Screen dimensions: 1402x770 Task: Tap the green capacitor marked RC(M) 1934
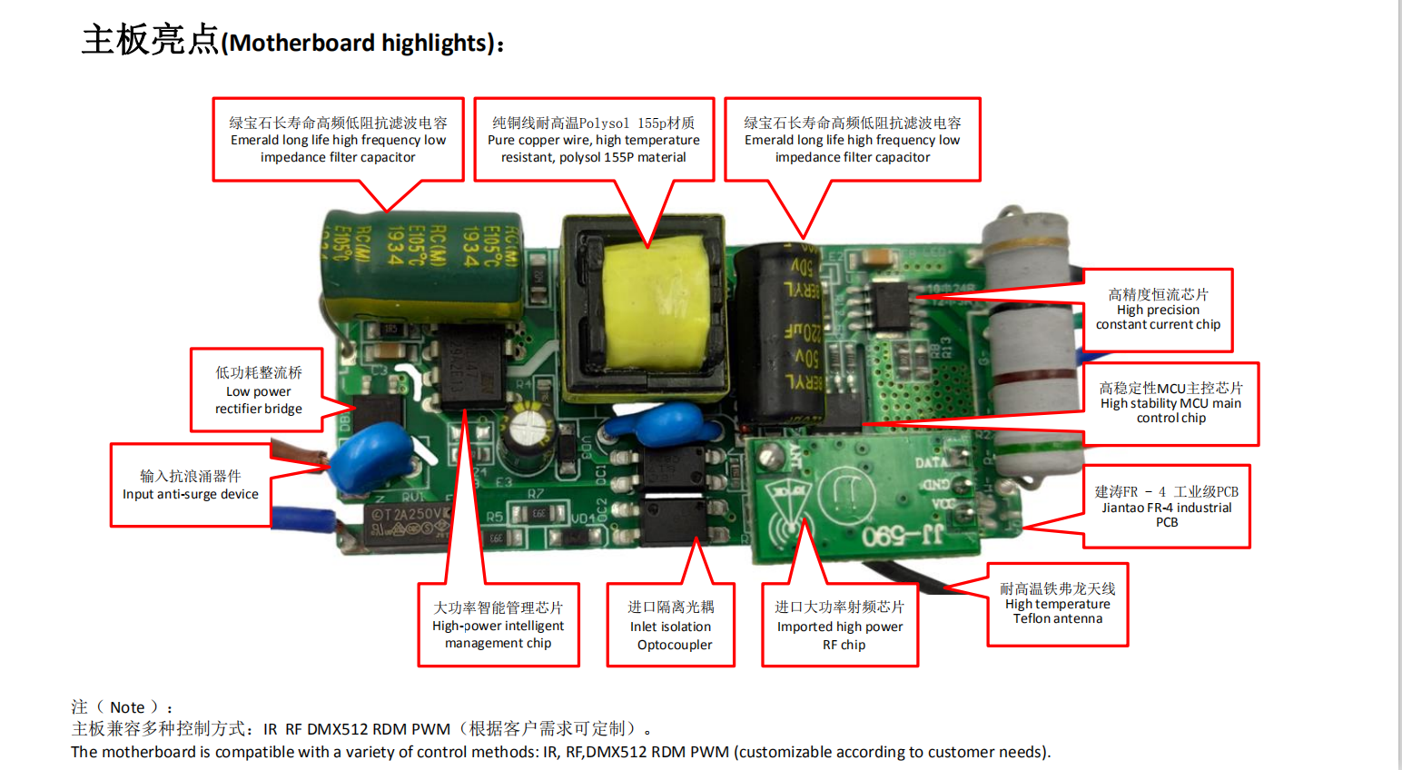tap(423, 265)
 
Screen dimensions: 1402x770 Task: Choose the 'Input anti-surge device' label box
tap(191, 485)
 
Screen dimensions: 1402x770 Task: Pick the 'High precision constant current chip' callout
tap(1158, 310)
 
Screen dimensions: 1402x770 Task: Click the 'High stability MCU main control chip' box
tap(1170, 404)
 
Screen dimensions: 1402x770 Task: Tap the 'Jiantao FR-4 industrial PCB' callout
tap(1167, 507)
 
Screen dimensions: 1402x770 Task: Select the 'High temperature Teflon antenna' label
tap(1058, 604)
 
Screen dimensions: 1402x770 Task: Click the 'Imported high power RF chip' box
tap(840, 625)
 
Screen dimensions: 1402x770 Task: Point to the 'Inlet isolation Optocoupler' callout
tap(670, 625)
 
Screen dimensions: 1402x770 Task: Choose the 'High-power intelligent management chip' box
tap(499, 625)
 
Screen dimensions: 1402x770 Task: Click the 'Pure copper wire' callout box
tap(594, 140)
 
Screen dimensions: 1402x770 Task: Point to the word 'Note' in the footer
tap(127, 707)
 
